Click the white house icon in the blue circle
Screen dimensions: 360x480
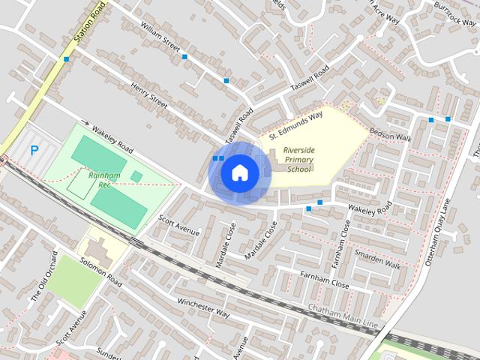tap(239, 173)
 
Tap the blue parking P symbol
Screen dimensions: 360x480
tap(34, 150)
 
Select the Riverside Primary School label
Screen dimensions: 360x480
tap(299, 160)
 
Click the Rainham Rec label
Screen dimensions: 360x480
tap(104, 179)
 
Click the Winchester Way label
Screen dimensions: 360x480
tap(202, 307)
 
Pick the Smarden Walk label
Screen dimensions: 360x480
tap(378, 259)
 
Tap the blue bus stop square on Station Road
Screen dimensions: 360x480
tap(67, 58)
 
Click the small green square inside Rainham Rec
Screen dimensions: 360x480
tap(136, 176)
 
